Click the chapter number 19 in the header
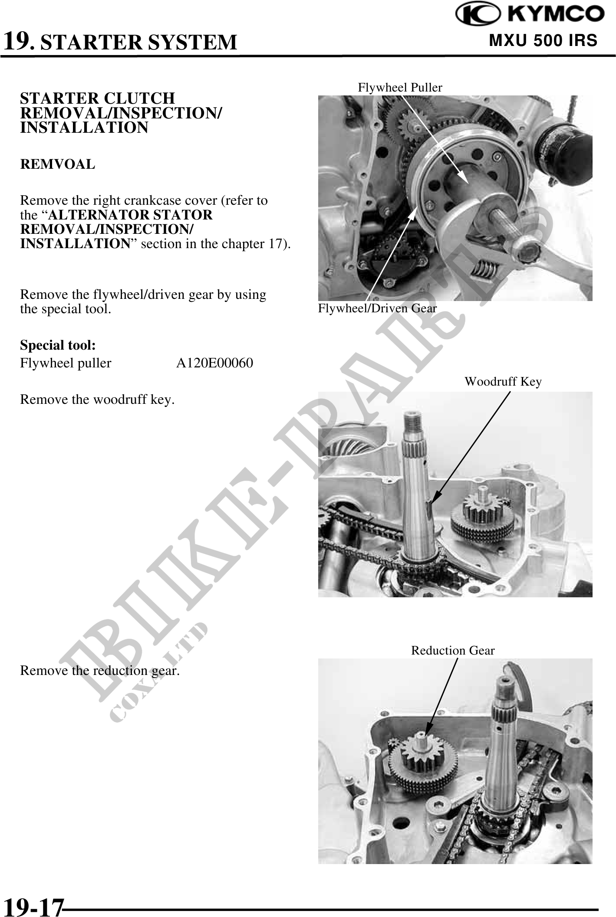click(17, 41)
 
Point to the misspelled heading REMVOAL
click(57, 164)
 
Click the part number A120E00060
click(214, 363)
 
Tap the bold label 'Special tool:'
click(58, 345)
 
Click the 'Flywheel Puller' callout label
click(400, 88)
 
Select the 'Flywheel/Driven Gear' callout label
click(377, 308)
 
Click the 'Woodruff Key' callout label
click(503, 382)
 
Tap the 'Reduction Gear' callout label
click(453, 651)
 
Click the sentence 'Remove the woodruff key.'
click(98, 399)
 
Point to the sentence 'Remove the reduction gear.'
click(100, 671)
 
